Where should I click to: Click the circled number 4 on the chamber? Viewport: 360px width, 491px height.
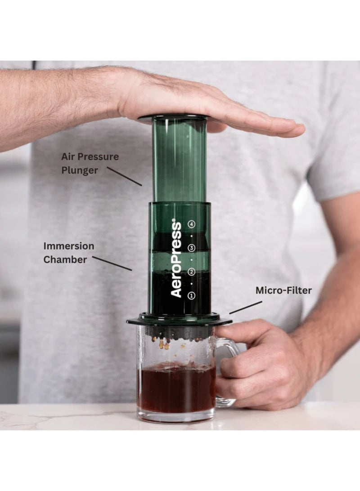pyautogui.click(x=192, y=223)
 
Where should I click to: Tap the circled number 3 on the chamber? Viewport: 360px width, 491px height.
pyautogui.click(x=192, y=248)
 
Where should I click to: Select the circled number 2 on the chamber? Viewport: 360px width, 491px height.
pyautogui.click(x=192, y=272)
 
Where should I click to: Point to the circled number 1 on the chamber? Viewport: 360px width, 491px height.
pyautogui.click(x=192, y=295)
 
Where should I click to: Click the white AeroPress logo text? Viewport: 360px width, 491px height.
pyautogui.click(x=176, y=258)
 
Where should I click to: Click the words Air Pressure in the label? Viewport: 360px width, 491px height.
pyautogui.click(x=90, y=157)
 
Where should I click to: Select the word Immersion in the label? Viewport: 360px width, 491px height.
pyautogui.click(x=69, y=246)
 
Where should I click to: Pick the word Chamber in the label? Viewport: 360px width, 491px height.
pyautogui.click(x=65, y=259)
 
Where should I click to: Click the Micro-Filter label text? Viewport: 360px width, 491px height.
pyautogui.click(x=283, y=290)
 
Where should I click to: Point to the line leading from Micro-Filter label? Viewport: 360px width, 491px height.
pyautogui.click(x=245, y=307)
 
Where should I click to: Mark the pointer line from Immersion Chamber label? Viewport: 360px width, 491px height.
pyautogui.click(x=112, y=263)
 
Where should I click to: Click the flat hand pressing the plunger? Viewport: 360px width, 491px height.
pyautogui.click(x=202, y=101)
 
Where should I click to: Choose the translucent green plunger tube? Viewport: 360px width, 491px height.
pyautogui.click(x=179, y=157)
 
